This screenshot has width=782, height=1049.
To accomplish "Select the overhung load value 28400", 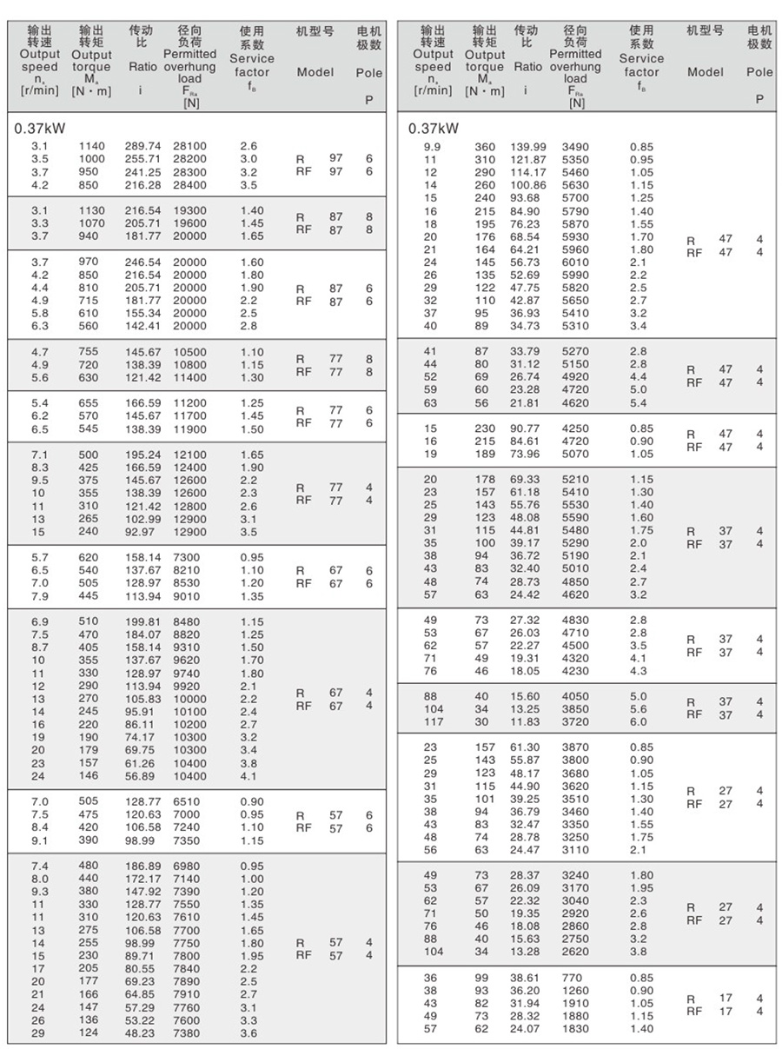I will click(189, 185).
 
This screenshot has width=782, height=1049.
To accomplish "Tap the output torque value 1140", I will click(91, 146).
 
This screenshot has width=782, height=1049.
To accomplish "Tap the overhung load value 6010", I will click(574, 262).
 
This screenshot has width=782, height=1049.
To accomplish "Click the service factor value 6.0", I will click(638, 721).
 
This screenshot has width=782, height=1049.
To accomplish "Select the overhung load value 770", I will click(571, 977).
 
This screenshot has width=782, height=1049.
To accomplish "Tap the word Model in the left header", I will click(315, 72).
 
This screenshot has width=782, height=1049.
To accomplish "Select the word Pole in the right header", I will click(759, 72).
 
